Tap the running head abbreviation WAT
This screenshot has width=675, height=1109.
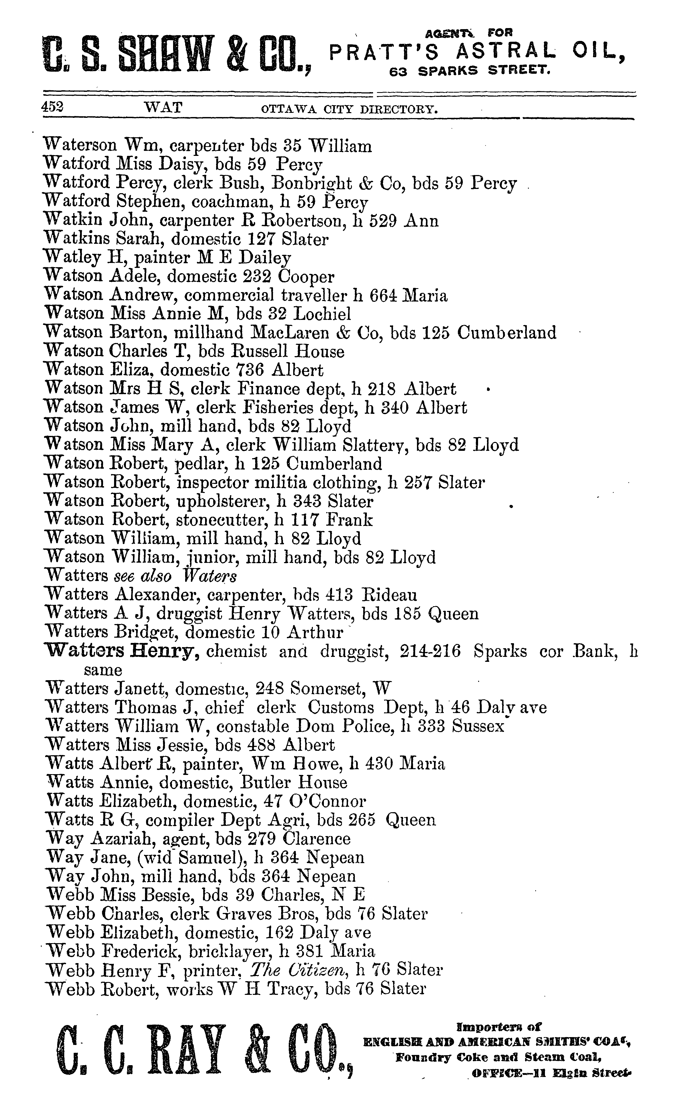pyautogui.click(x=163, y=108)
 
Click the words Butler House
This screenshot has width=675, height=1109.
pyautogui.click(x=294, y=783)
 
